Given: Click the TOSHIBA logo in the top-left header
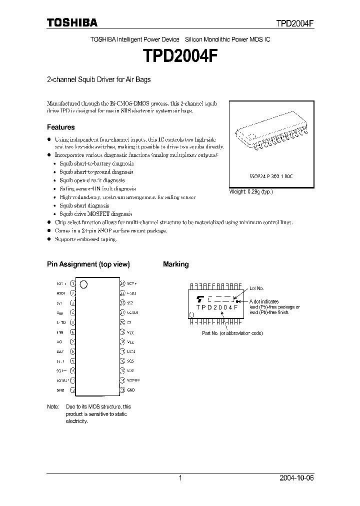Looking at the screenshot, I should [x=72, y=22].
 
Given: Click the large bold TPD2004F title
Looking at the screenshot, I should [x=180, y=56].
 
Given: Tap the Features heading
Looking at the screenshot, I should [x=61, y=127].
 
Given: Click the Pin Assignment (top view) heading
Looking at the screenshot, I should [x=88, y=264].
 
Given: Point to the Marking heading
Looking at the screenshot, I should [x=176, y=264].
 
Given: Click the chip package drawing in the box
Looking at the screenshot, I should [x=271, y=136].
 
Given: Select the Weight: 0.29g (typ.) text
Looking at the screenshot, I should [x=251, y=191].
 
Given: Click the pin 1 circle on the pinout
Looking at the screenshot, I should [x=73, y=283].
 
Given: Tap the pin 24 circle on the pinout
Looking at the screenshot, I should [x=122, y=283].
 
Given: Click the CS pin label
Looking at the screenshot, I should [x=129, y=322].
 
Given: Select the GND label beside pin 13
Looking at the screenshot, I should [x=131, y=390].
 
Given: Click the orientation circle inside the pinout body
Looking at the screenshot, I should [x=83, y=284].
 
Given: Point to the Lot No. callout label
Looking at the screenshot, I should [x=256, y=288].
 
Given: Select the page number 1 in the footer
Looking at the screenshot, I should [x=180, y=478].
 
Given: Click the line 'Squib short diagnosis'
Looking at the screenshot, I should [x=84, y=205].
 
